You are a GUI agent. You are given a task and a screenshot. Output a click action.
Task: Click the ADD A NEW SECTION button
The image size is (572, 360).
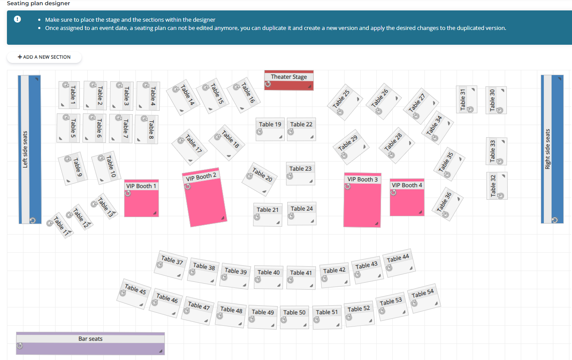[x=44, y=57]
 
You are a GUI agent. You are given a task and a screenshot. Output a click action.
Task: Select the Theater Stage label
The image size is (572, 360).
[x=289, y=77]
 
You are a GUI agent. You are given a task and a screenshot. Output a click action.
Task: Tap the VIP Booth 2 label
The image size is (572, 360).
[x=201, y=177]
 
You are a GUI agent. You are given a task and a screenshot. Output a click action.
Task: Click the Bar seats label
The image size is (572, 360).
[x=90, y=339]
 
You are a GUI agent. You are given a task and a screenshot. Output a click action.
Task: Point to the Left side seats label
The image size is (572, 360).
[x=25, y=149]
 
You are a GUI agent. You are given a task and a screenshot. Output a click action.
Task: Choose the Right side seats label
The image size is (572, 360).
[x=548, y=149]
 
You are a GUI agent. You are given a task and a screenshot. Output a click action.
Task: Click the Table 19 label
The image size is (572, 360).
[x=270, y=125]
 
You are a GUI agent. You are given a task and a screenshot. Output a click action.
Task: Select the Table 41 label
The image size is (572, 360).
[x=301, y=273]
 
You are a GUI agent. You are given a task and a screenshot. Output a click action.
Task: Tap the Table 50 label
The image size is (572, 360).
[x=294, y=312]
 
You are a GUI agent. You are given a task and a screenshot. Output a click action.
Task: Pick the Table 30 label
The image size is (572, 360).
[x=492, y=100]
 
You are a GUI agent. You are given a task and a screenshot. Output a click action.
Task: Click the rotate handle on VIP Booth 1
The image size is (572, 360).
[x=128, y=193]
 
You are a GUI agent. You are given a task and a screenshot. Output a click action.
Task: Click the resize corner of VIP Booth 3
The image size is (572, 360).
[x=376, y=224]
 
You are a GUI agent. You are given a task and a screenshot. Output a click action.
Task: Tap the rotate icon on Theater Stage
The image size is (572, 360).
[x=268, y=84]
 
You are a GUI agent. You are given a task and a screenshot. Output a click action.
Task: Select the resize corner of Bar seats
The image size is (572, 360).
[x=161, y=351]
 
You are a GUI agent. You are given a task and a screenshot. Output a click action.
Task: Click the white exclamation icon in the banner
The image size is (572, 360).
[x=17, y=19]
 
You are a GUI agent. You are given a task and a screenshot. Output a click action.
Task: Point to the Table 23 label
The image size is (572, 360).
[x=300, y=168]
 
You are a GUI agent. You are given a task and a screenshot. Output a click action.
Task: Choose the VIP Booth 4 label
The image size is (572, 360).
[x=407, y=185]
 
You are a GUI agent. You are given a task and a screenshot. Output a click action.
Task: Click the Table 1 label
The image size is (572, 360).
[x=73, y=95]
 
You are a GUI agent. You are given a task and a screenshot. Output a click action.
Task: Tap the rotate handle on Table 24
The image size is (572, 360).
[x=291, y=216]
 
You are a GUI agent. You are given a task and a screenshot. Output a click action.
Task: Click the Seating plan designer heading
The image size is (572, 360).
[x=38, y=3]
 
